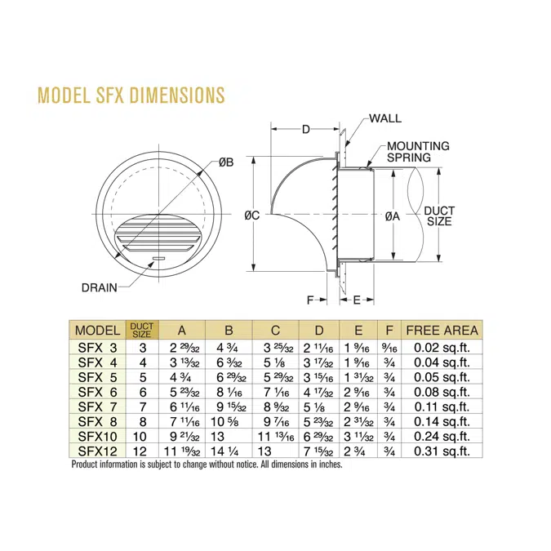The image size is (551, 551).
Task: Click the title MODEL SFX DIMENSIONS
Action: point(131,95)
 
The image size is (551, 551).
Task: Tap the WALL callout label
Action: point(385,118)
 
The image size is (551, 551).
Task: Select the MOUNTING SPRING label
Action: point(418,152)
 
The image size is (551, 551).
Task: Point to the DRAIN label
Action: point(100,287)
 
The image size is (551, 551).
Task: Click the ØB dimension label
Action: point(226,162)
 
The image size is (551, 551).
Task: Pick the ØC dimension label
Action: point(252,215)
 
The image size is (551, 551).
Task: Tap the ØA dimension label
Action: point(392,216)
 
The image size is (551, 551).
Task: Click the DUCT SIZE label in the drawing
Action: point(439,216)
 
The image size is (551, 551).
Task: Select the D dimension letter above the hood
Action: point(306,129)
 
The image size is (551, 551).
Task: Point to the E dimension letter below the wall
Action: point(357,300)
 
